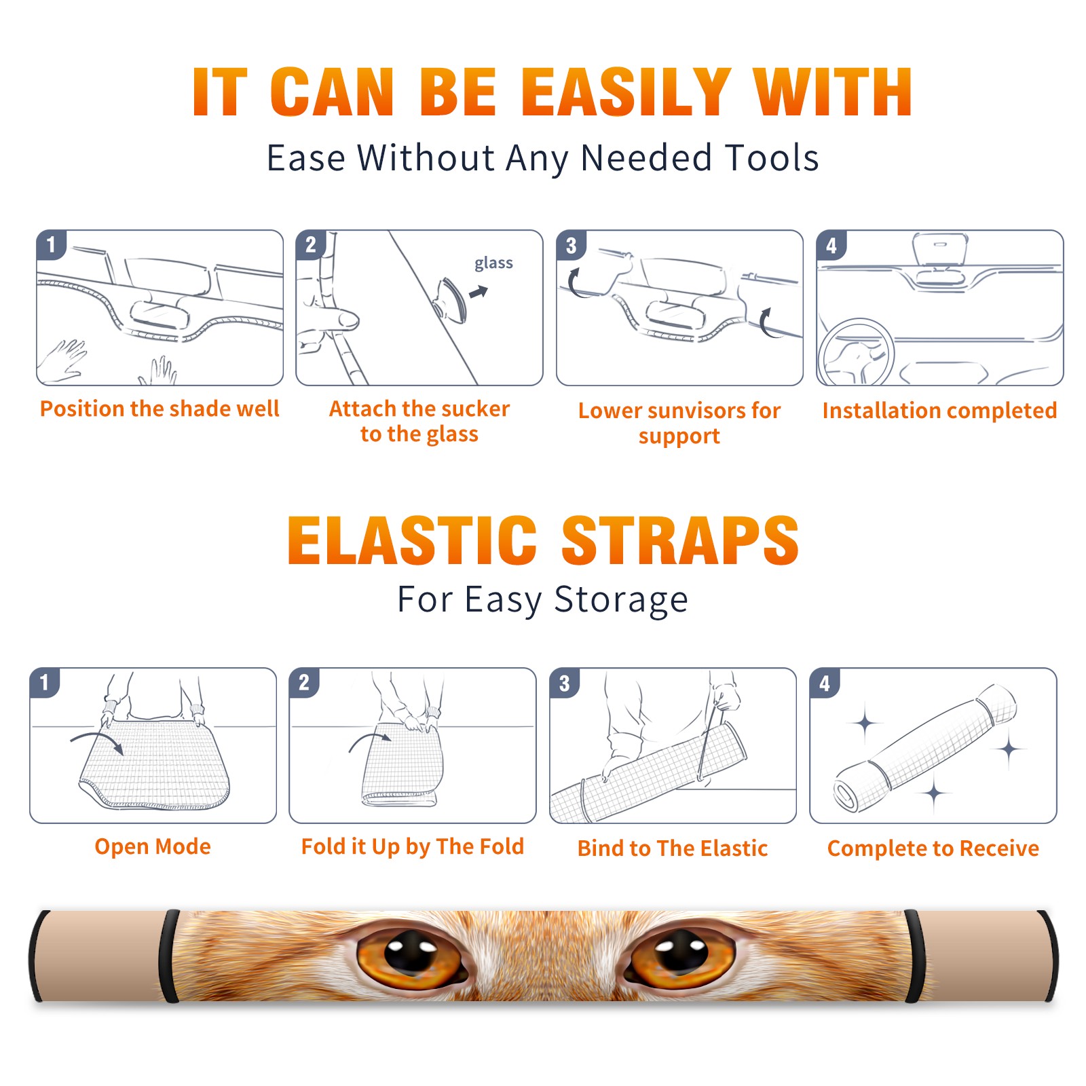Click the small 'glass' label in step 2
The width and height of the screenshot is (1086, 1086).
[x=493, y=263]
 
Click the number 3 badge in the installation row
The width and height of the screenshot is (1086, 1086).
[x=571, y=245]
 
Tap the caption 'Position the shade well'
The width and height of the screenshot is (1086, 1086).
[x=160, y=409]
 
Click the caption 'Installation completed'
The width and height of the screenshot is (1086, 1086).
[x=939, y=410]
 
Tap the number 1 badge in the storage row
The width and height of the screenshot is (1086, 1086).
[x=45, y=682]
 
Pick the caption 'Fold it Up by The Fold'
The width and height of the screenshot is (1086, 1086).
[x=413, y=846]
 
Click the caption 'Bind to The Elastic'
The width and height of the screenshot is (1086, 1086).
[x=673, y=848]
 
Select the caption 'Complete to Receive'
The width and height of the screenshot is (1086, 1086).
[x=933, y=848]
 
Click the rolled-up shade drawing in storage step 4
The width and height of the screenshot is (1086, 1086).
[x=925, y=747]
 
